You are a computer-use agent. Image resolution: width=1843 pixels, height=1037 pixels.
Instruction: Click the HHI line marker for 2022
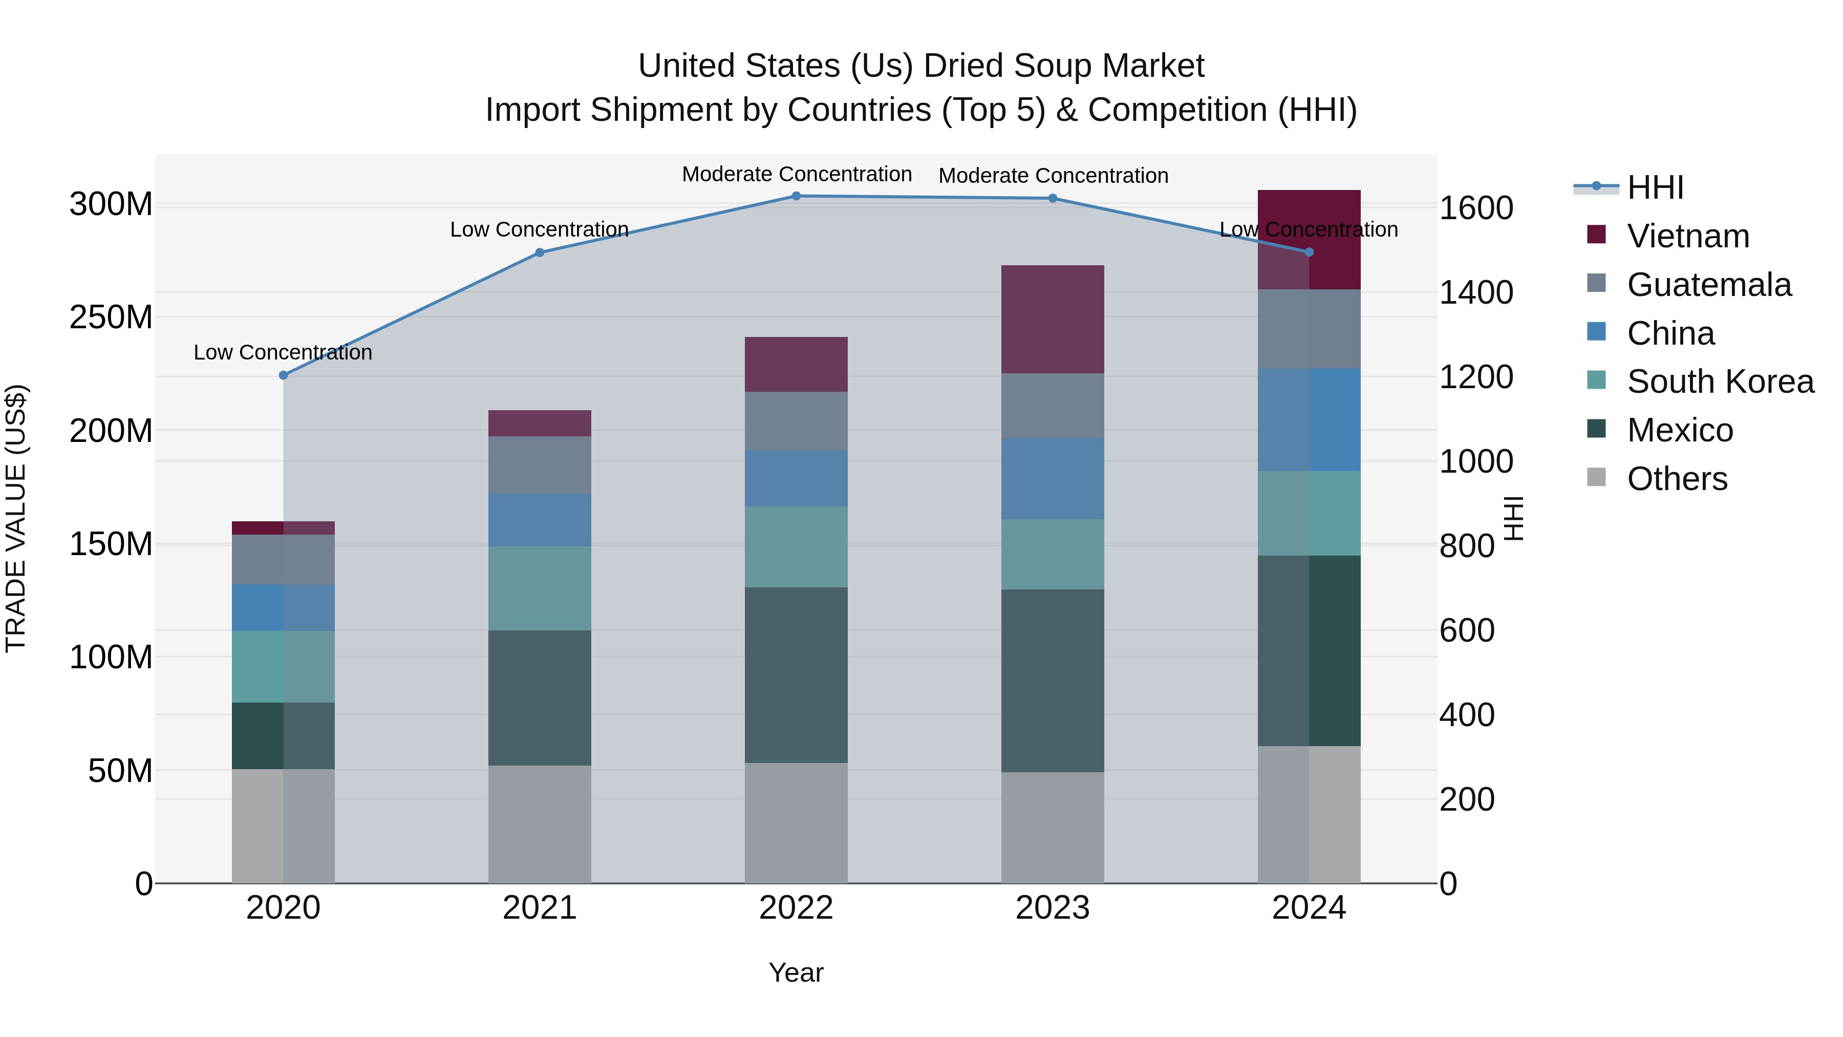click(x=796, y=196)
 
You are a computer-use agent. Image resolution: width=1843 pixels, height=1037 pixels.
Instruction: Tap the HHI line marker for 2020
click(x=283, y=375)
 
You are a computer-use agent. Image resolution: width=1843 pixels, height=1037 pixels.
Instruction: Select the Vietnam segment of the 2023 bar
click(x=1053, y=319)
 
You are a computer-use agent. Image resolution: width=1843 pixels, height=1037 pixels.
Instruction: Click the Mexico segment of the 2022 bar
click(x=796, y=675)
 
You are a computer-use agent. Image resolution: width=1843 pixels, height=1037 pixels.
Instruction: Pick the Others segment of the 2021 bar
click(x=540, y=824)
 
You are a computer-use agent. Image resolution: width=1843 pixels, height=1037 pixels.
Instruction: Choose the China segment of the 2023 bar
click(x=1053, y=479)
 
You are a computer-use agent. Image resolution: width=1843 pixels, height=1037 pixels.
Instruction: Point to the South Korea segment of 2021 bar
click(x=540, y=588)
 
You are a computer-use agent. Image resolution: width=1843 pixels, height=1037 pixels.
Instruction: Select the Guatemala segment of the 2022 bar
click(x=796, y=421)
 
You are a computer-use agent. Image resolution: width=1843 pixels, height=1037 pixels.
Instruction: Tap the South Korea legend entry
click(x=1720, y=382)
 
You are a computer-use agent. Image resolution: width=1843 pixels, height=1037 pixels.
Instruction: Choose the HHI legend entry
click(x=1655, y=187)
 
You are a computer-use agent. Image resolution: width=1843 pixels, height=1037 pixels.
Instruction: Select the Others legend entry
click(x=1677, y=479)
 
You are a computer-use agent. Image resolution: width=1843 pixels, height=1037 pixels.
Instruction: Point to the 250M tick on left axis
click(x=111, y=317)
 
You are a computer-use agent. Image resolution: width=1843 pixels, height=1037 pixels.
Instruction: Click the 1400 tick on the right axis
click(x=1476, y=293)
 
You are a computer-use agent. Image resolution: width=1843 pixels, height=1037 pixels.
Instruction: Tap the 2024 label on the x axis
click(x=1309, y=908)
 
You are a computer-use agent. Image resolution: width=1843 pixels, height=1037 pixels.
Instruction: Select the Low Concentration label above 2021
click(x=540, y=230)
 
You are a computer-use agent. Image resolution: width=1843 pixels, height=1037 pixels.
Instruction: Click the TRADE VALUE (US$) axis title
click(x=16, y=518)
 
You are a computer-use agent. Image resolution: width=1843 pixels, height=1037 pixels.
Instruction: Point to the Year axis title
click(x=796, y=972)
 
